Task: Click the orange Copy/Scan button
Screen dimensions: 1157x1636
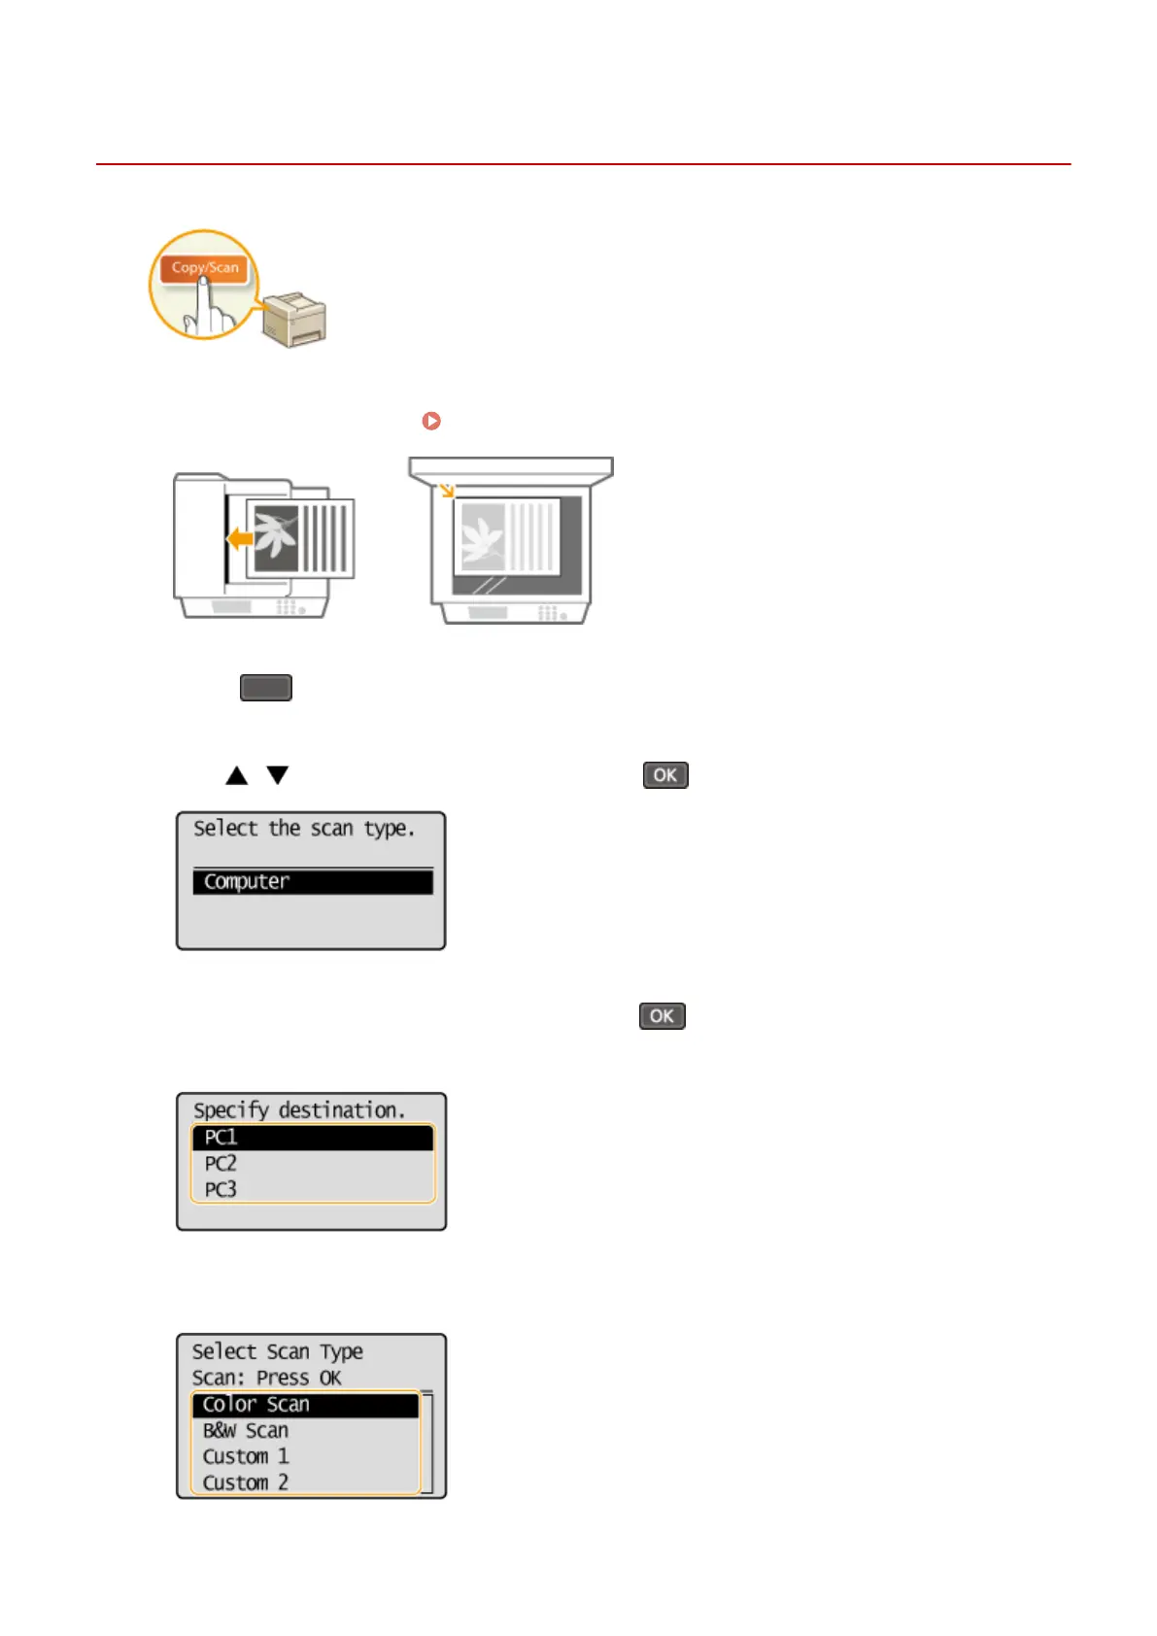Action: pos(205,267)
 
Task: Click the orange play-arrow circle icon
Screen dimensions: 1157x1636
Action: pos(431,421)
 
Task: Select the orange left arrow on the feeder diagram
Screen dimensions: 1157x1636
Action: pos(239,538)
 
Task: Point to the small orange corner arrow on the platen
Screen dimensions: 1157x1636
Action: pos(446,490)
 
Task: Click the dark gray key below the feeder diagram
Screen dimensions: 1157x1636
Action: pos(266,688)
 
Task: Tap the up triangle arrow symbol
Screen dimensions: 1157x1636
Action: pos(236,775)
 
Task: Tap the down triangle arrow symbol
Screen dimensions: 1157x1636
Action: pos(278,775)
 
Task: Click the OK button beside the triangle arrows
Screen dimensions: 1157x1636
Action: pos(665,775)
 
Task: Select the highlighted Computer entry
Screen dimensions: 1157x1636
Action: pos(312,882)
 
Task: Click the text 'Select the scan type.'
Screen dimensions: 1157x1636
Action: pos(304,829)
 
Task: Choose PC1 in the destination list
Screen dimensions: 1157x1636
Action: pos(312,1138)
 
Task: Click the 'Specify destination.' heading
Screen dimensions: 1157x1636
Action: pos(299,1110)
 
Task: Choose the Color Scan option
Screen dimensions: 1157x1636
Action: pos(305,1405)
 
